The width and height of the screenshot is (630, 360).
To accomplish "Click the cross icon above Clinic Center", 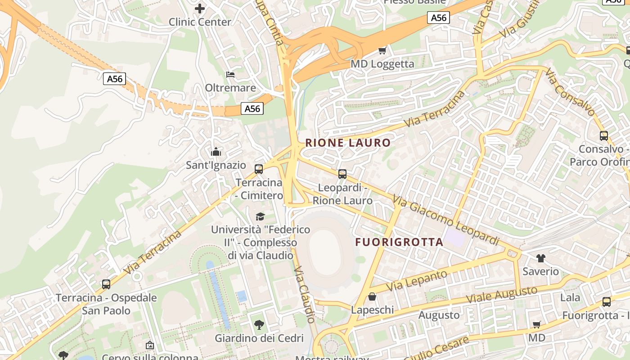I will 200,8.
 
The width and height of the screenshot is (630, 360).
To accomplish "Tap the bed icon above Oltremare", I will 230,74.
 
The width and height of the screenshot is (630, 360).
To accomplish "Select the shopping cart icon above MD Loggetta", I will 382,50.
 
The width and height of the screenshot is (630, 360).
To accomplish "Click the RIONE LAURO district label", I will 348,143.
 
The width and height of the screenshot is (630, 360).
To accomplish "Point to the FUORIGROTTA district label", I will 399,242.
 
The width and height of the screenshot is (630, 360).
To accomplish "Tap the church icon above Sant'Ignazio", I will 216,152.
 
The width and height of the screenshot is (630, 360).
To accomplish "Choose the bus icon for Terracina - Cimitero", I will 259,169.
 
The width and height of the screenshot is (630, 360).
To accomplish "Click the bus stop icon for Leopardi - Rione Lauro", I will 342,174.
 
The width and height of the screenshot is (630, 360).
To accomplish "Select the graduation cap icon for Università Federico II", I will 260,216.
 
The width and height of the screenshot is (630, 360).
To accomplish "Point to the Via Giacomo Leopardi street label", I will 445,220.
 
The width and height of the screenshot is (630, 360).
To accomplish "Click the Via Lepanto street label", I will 416,280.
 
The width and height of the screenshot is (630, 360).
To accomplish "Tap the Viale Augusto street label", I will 501,295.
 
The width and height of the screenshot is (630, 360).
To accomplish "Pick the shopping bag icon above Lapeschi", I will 372,297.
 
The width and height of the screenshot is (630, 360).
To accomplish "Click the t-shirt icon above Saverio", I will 540,258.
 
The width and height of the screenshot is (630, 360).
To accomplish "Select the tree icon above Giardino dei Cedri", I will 259,324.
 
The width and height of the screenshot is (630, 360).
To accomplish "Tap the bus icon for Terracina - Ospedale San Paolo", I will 106,284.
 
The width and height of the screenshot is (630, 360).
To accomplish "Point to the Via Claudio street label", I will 304,294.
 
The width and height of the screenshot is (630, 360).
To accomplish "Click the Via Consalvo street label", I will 570,92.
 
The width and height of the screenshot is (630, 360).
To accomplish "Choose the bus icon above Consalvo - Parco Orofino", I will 604,135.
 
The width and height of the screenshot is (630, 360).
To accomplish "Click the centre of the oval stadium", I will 328,251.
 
